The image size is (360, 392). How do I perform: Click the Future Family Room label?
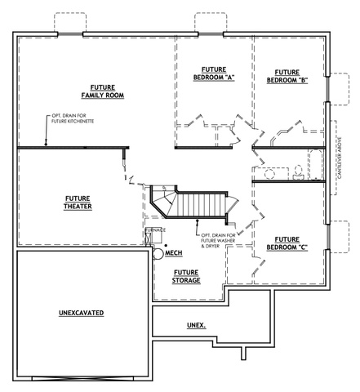tap(103, 91)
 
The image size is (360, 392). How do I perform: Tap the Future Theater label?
tap(78, 203)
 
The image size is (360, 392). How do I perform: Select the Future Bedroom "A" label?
tap(214, 73)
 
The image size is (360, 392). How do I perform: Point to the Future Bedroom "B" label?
tap(287, 76)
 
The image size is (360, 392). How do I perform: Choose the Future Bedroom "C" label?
tap(287, 243)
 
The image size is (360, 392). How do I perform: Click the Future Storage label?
tap(186, 277)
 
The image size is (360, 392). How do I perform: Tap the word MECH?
tap(174, 253)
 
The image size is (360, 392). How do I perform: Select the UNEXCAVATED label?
tap(82, 313)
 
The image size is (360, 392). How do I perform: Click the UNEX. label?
tap(196, 325)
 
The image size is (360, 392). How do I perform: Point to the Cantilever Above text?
tap(340, 158)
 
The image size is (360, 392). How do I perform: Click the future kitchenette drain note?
tap(73, 118)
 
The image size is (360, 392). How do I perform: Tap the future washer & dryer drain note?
tap(218, 241)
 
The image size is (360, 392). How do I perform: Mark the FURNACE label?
tap(155, 230)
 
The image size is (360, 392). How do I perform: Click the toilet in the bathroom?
tap(299, 172)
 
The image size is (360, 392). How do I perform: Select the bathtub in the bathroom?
tap(316, 164)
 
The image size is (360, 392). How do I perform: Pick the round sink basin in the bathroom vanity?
tap(270, 174)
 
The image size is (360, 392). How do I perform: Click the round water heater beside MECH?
tap(158, 254)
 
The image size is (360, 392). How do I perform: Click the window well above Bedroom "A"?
tap(211, 22)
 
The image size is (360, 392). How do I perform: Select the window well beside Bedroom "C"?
tap(340, 237)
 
